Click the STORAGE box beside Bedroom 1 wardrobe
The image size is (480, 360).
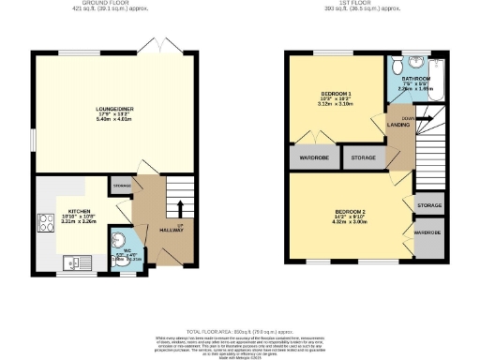pos(362,158)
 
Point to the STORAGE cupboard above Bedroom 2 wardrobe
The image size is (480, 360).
pos(428,203)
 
